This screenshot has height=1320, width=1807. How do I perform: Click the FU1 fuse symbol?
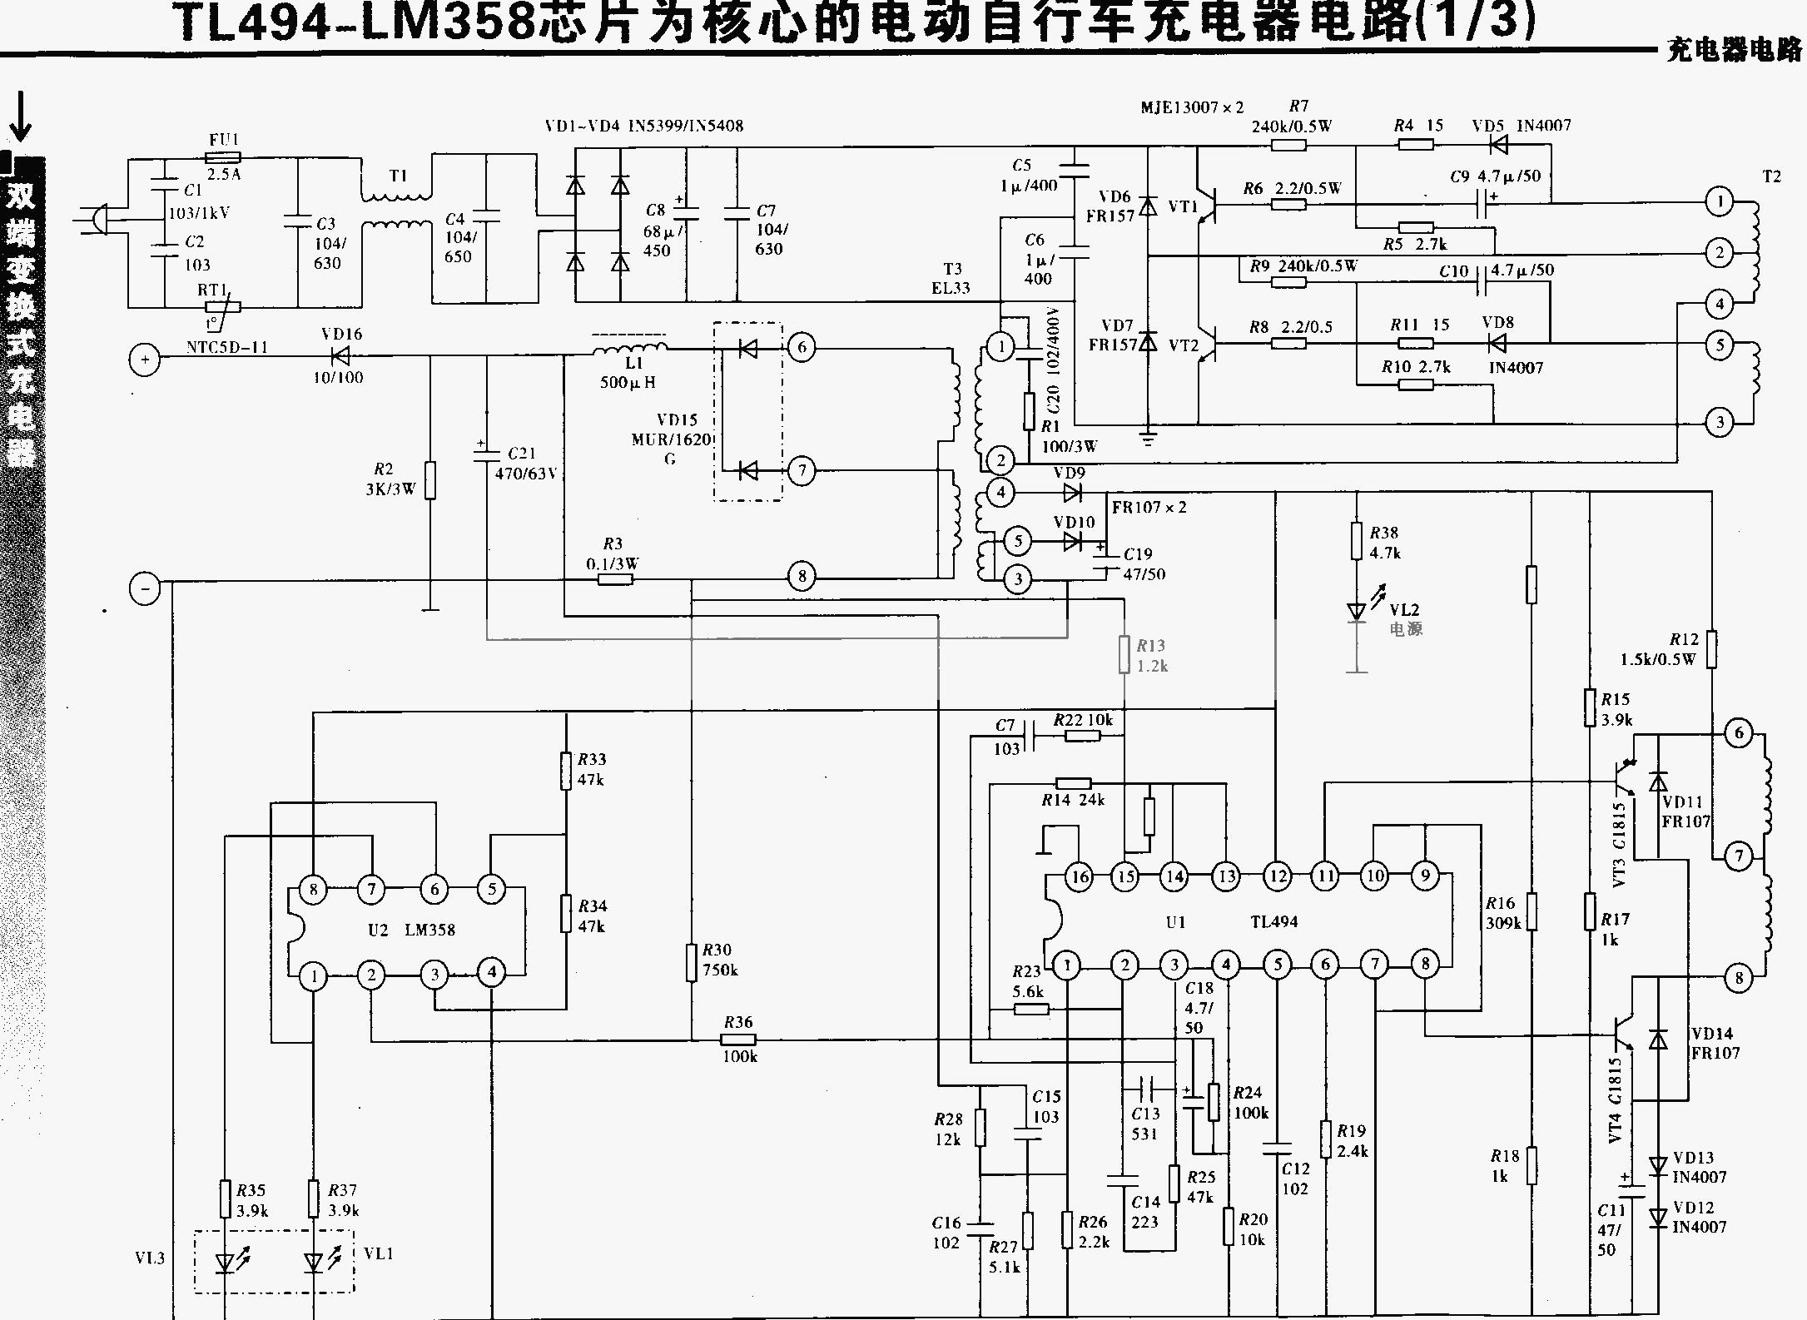coord(223,157)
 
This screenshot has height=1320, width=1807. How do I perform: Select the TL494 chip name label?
coord(1273,921)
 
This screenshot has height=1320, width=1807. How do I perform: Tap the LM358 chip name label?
coord(429,930)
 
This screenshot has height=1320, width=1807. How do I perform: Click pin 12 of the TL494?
coord(1277,876)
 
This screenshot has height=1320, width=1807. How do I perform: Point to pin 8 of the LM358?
coord(314,889)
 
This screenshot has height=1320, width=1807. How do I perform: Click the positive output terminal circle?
coord(145,360)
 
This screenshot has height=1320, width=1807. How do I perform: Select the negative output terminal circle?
coord(145,589)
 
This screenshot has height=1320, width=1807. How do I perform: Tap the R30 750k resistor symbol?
coord(691,962)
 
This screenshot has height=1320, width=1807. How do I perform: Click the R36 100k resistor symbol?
coord(737,1040)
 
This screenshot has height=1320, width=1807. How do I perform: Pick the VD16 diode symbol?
coord(340,356)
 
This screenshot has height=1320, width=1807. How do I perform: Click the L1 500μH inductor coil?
coord(630,347)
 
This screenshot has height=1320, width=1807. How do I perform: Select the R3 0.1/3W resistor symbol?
coord(615,578)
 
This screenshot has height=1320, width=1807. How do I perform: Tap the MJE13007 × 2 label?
coord(1192,107)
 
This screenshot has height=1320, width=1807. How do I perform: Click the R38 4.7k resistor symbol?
coord(1357,541)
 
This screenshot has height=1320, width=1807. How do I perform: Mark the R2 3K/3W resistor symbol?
coord(430,479)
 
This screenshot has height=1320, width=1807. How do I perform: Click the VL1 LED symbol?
coord(314,1263)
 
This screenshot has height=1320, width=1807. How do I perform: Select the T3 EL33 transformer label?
coord(951,279)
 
